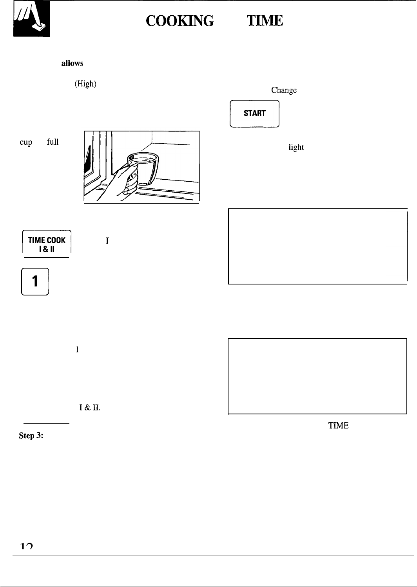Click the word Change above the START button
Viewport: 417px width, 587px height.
point(284,90)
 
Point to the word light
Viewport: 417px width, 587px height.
point(296,147)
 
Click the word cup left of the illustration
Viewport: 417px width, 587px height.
point(26,142)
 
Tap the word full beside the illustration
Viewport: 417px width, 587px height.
point(53,142)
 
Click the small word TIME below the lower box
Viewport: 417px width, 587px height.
point(339,425)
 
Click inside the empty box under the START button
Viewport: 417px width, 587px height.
point(317,246)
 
